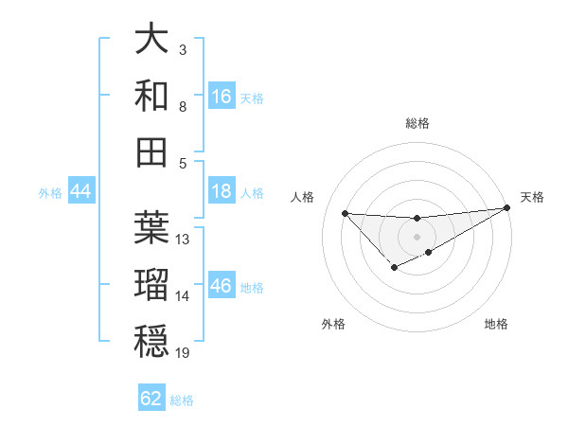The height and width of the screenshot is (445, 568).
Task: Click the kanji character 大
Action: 152,40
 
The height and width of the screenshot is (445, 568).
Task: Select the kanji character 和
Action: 152,96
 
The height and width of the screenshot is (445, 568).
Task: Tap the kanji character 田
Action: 152,151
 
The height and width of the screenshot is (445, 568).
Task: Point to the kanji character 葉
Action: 152,227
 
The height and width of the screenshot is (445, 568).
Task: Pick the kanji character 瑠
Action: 152,284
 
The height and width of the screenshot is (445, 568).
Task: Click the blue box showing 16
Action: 222,96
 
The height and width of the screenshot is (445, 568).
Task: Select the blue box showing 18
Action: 222,191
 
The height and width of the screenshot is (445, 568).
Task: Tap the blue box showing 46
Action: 222,286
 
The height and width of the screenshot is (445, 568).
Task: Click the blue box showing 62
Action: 151,399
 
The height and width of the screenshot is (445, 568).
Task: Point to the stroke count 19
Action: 184,353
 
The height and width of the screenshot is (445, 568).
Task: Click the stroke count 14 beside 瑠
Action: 183,296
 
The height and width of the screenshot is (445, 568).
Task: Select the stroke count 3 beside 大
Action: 182,48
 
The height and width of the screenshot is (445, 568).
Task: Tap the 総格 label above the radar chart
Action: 417,123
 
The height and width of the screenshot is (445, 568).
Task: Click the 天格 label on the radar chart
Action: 532,197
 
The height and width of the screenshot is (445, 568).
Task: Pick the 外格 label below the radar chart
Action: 333,324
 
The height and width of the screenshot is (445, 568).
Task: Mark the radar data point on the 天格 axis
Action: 507,207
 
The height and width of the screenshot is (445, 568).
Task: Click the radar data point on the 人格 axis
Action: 345,213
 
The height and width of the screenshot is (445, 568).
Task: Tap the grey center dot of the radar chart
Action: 417,237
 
